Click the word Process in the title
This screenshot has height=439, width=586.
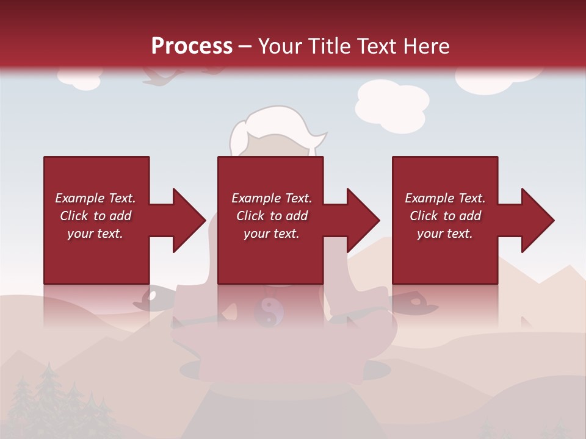(x=192, y=46)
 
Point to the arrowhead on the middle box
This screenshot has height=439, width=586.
(x=363, y=220)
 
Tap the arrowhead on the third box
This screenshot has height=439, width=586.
(x=537, y=220)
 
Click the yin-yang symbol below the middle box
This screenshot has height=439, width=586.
(x=269, y=311)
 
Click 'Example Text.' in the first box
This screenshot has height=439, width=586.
(x=95, y=198)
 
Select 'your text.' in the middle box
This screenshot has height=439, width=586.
(x=271, y=234)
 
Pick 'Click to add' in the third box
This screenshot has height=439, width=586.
(x=445, y=216)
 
